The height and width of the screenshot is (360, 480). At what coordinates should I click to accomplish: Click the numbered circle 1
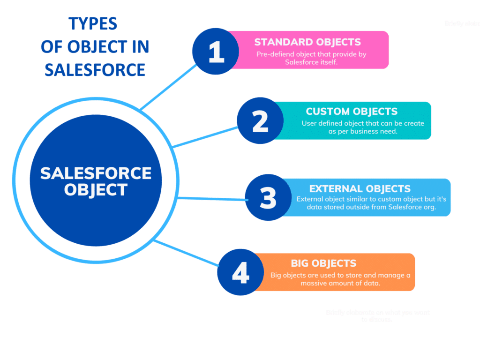point(216,52)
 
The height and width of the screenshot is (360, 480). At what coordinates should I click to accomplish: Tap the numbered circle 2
point(260,121)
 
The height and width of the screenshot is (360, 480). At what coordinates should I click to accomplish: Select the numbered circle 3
point(268,198)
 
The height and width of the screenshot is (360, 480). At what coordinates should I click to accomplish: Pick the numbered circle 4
point(240,273)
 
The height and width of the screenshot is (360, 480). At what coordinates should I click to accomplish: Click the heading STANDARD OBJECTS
point(307,42)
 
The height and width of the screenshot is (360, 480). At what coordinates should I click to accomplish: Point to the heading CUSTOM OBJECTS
point(352,112)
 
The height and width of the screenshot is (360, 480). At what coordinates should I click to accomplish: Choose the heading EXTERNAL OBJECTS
point(360,189)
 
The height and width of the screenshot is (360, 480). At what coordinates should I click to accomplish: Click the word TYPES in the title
point(93,23)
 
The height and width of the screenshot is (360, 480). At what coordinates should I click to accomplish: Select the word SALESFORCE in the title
point(95,69)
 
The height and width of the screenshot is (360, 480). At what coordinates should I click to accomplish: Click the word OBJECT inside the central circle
point(96,190)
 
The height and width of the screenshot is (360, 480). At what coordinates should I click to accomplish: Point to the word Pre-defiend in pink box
point(274,54)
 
